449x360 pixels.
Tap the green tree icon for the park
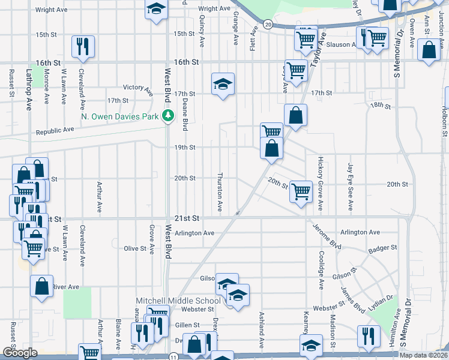(x=169, y=116)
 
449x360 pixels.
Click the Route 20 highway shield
(x=268, y=25)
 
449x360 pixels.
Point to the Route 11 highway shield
(x=174, y=356)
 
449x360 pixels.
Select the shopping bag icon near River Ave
(x=41, y=286)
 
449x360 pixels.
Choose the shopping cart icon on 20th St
(x=301, y=191)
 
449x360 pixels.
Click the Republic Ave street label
(x=55, y=130)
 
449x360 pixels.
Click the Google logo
(x=20, y=353)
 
